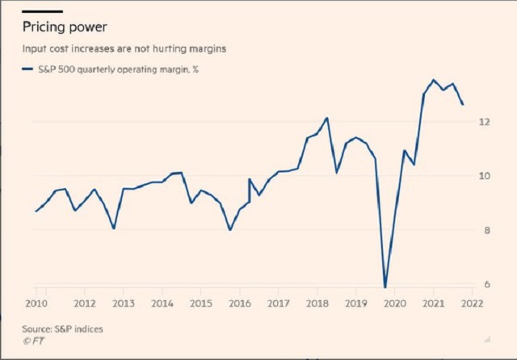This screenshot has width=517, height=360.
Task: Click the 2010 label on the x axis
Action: pos(35,303)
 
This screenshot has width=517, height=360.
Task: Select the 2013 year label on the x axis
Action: pos(123,303)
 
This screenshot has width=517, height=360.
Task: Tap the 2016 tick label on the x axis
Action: pos(240,303)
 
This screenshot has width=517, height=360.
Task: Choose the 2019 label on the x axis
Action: pos(356,303)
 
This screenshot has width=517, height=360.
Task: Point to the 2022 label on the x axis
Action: pos(473,303)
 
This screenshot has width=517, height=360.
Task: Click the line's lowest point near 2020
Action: pos(385,287)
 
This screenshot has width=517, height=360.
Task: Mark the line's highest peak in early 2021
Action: pos(433,80)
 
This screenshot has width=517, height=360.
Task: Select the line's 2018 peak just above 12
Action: pos(327,118)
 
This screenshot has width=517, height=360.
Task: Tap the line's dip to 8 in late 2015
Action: pos(230,230)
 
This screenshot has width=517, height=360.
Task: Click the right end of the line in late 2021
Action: pos(463,104)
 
